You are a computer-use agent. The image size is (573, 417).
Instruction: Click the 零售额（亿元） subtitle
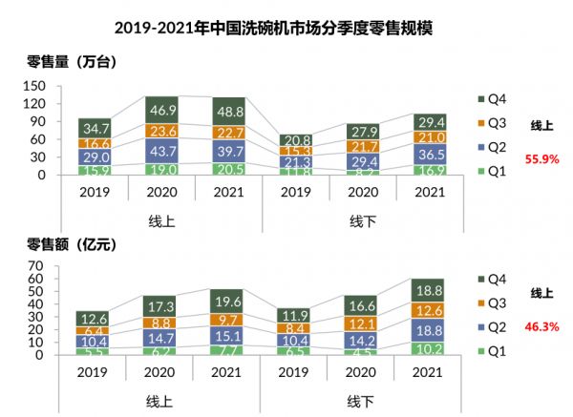click(73, 245)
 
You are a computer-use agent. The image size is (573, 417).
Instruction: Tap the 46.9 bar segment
click(160, 111)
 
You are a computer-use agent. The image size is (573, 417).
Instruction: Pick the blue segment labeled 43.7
click(160, 152)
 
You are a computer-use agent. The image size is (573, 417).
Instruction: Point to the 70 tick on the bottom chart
click(39, 265)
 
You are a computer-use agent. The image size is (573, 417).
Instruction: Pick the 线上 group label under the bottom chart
click(160, 398)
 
